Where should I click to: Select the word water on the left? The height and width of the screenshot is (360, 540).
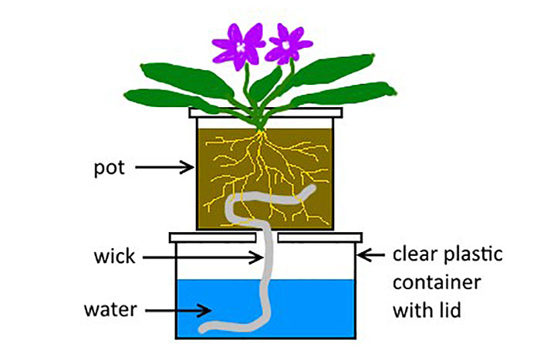(x=110, y=310)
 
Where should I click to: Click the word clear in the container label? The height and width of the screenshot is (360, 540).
(x=412, y=253)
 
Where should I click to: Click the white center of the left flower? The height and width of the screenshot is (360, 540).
(x=241, y=46)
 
